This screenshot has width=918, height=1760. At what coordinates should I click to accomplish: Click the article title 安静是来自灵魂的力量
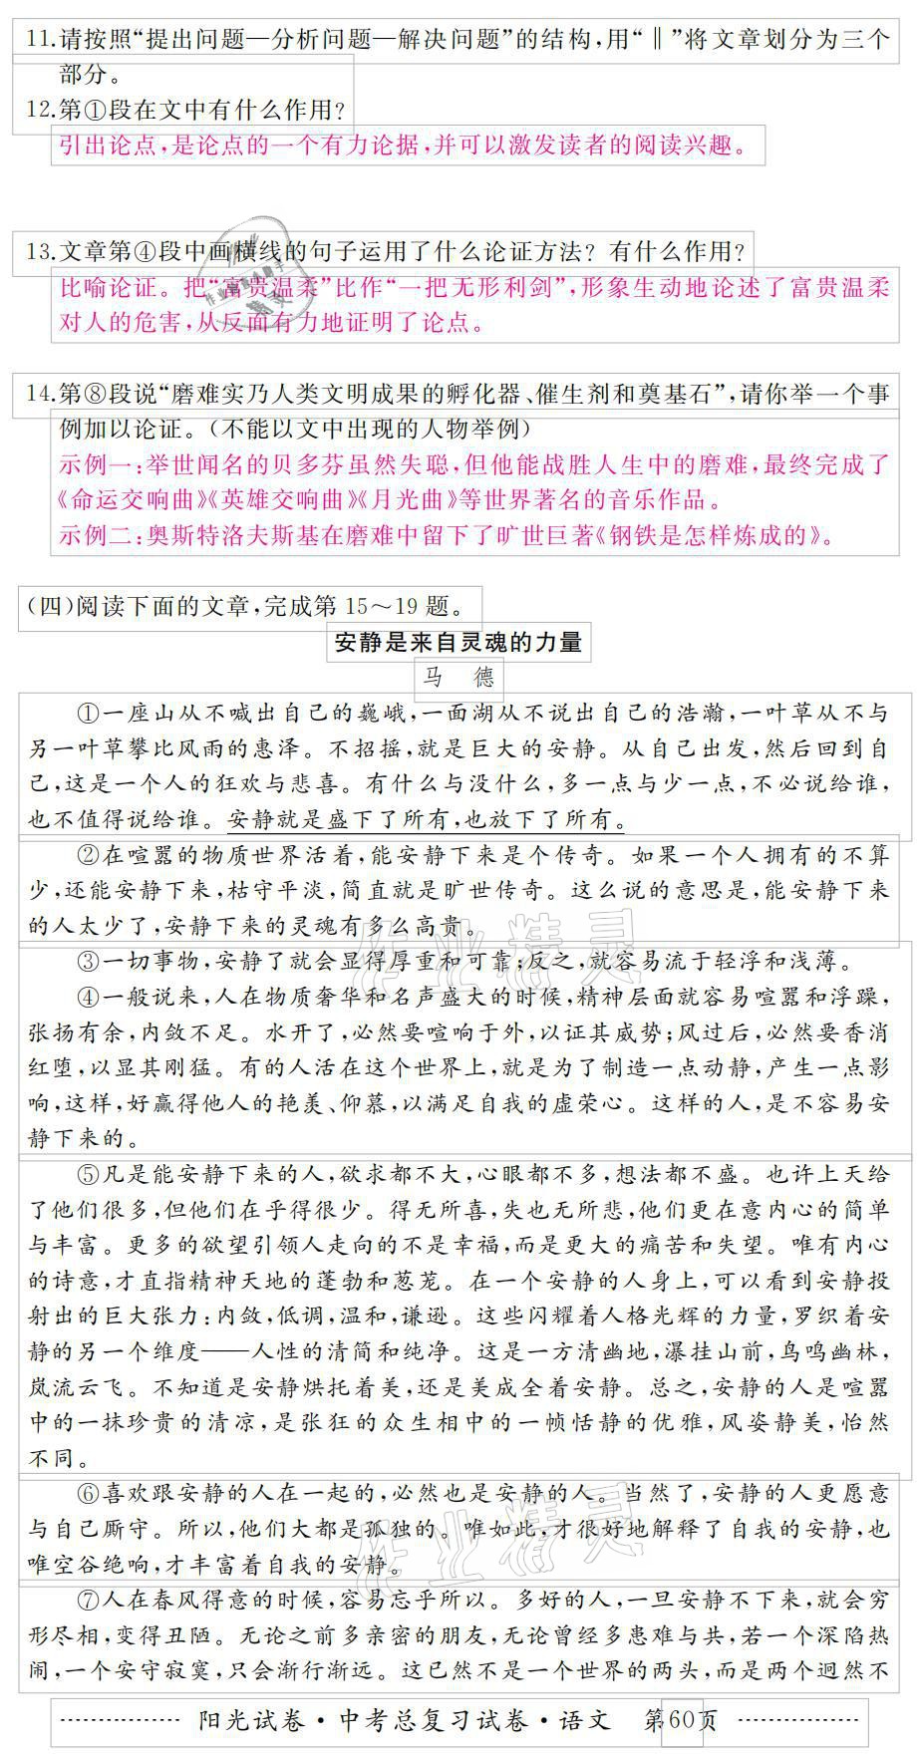[458, 643]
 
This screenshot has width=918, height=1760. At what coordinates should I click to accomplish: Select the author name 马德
[458, 679]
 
